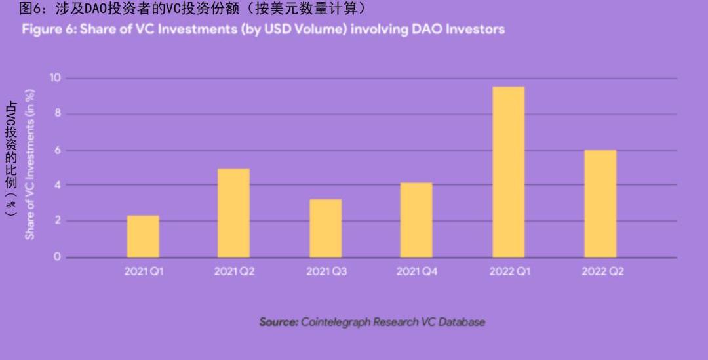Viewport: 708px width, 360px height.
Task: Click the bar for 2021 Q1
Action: [x=143, y=236]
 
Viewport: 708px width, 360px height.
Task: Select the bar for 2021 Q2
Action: [x=233, y=213]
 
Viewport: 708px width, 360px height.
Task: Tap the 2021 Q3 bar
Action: [x=325, y=228]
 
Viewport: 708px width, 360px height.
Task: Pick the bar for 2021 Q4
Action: [x=416, y=220]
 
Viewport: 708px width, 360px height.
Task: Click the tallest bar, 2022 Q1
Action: [x=508, y=172]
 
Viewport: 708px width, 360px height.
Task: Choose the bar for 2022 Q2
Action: [x=600, y=203]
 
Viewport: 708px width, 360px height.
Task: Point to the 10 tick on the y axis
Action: [x=55, y=78]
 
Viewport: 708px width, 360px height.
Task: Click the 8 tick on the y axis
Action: [x=57, y=114]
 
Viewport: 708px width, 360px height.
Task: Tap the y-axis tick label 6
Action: [x=57, y=150]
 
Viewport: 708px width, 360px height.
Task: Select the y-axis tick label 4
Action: [x=57, y=185]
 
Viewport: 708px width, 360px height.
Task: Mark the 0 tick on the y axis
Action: [x=57, y=257]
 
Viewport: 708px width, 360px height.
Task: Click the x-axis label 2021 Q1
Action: [x=144, y=271]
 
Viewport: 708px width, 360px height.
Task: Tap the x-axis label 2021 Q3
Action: [x=326, y=271]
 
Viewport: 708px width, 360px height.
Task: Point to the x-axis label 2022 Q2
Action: [x=602, y=271]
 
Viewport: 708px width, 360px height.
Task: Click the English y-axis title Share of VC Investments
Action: [x=30, y=164]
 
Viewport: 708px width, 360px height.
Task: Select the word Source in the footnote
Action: [x=279, y=322]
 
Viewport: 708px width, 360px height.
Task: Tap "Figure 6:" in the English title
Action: [x=49, y=30]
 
